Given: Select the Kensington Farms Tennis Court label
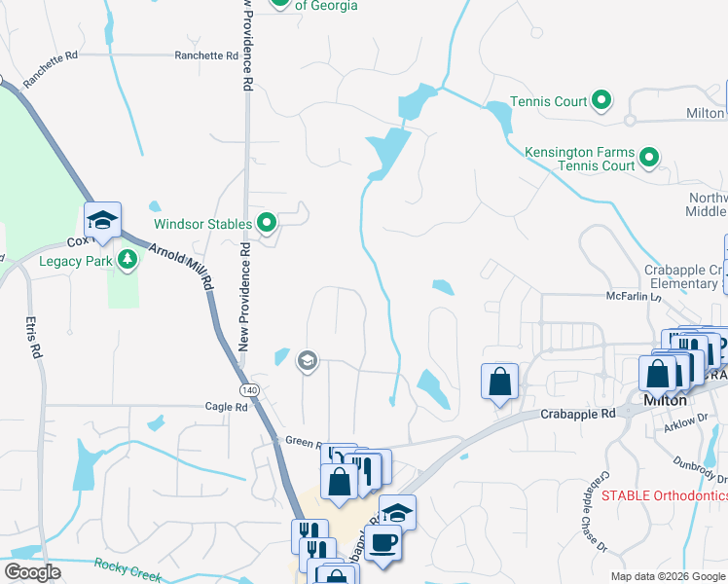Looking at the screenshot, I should tap(579, 160).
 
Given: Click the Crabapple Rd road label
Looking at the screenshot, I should tap(578, 414).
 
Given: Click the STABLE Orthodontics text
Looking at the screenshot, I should tap(663, 495).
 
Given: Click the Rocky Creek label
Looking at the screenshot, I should tap(127, 569).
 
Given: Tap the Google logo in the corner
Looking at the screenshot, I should tap(32, 572).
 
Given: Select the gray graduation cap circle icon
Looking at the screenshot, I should tap(308, 362).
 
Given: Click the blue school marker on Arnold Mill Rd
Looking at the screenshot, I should tap(101, 220).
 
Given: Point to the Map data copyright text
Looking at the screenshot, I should tap(667, 576).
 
